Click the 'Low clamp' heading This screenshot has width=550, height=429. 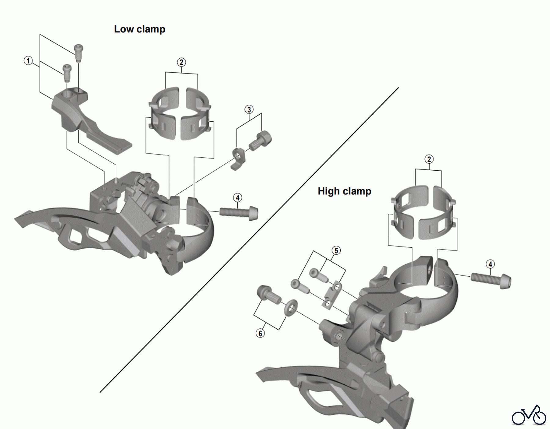click(x=140, y=29)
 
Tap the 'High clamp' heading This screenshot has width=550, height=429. click(x=344, y=191)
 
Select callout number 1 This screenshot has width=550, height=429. click(x=28, y=61)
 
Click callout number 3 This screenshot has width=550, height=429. click(x=249, y=109)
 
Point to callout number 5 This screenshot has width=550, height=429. click(x=336, y=250)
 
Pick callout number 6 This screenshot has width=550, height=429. click(x=260, y=333)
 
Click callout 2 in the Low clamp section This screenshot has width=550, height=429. click(x=181, y=62)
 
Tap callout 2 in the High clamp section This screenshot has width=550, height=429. click(x=429, y=159)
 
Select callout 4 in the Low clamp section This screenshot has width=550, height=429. click(x=237, y=198)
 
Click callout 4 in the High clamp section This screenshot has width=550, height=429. click(x=490, y=264)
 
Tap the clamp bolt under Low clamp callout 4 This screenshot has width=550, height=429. click(x=239, y=213)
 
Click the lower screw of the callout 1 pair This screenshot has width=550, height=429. click(x=67, y=72)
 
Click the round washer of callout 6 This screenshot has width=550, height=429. click(x=291, y=307)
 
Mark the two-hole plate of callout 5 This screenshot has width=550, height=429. click(x=332, y=295)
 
